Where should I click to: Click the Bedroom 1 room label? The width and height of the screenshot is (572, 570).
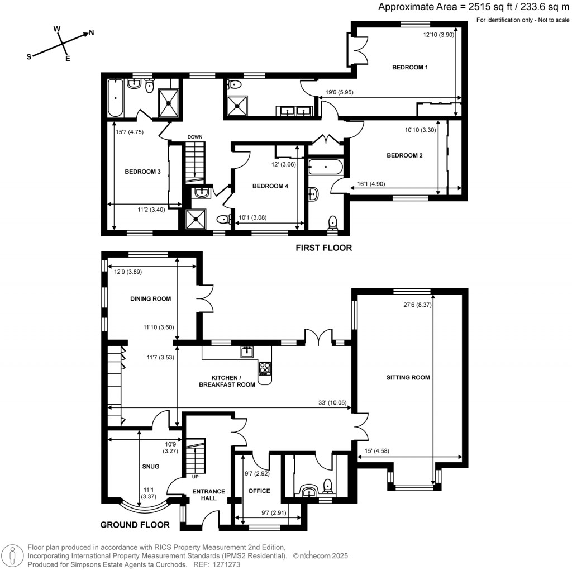tap(410, 67)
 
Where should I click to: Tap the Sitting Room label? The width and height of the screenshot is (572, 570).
tap(408, 377)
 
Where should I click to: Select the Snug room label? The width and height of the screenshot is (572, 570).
tap(151, 466)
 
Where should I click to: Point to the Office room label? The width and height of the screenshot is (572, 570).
tap(259, 491)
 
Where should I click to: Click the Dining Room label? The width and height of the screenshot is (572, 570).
tap(150, 298)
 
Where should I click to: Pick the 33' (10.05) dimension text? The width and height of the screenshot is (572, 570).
tap(332, 403)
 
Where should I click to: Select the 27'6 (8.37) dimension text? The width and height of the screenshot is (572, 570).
tap(417, 305)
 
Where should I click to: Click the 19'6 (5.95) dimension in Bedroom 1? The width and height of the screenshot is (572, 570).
tap(339, 92)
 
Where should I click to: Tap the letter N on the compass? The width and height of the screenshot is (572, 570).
tap(91, 32)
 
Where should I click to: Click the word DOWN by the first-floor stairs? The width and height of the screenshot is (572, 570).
tap(195, 137)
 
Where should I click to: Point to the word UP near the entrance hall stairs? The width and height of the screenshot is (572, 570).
tap(195, 477)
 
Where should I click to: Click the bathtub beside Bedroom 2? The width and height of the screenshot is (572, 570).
tap(326, 167)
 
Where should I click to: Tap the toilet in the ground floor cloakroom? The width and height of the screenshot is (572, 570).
tap(327, 486)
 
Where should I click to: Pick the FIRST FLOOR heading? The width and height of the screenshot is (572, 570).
tap(323, 248)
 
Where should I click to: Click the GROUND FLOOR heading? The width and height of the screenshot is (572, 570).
tap(135, 525)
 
